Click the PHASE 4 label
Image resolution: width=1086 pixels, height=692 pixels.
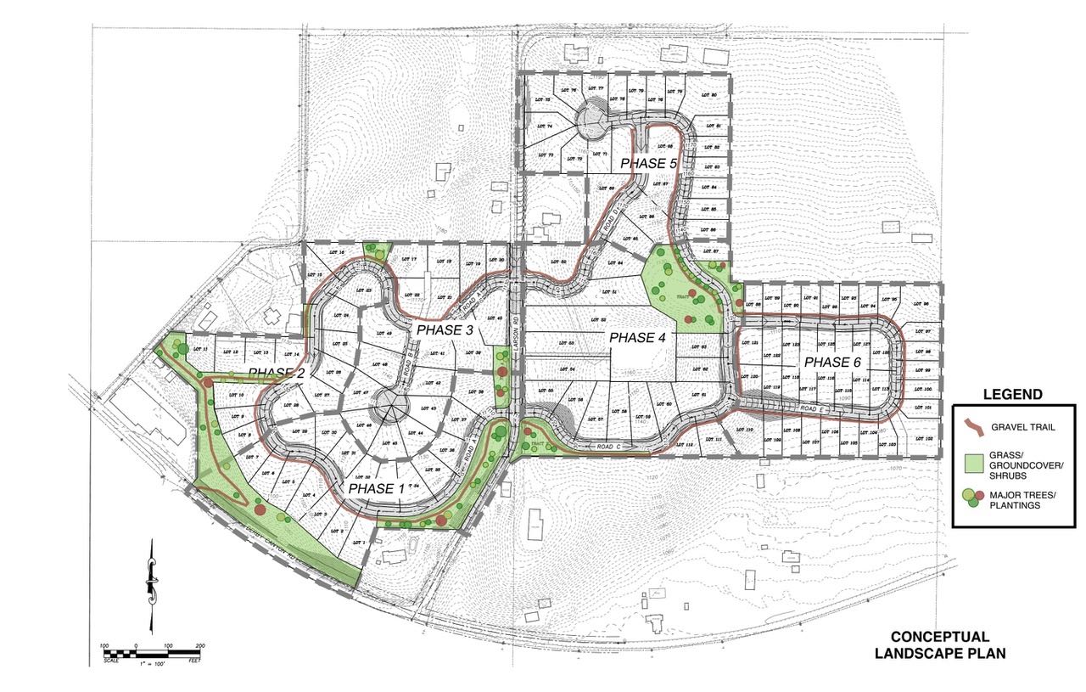pyautogui.click(x=639, y=338)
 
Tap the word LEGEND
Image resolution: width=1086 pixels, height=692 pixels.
pyautogui.click(x=1011, y=394)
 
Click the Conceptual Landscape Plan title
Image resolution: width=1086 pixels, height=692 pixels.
pyautogui.click(x=939, y=644)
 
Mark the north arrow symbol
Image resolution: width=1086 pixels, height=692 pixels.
pyautogui.click(x=152, y=586)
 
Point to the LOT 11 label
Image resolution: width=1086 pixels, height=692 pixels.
pyautogui.click(x=200, y=350)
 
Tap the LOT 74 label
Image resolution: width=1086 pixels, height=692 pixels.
pyautogui.click(x=543, y=127)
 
